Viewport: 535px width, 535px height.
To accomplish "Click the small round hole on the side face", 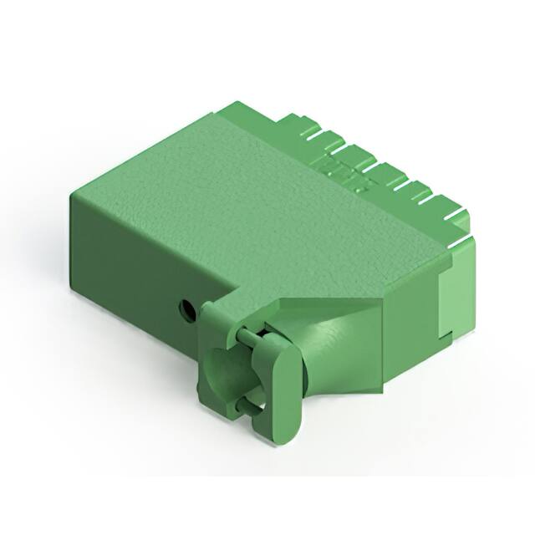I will [x=188, y=311].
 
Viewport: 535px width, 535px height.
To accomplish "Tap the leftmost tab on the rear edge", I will [x=293, y=125].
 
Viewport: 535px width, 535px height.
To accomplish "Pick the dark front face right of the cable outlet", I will [x=410, y=334].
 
